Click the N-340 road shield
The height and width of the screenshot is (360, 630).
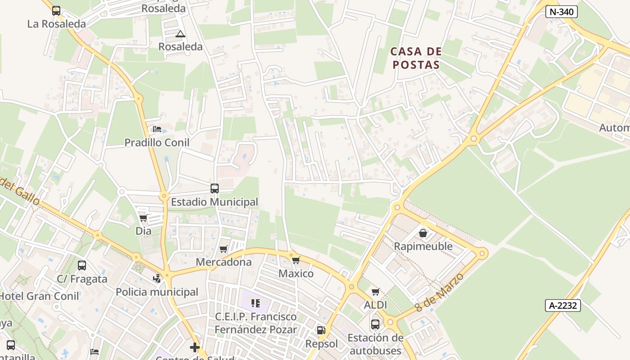[x=561, y=12]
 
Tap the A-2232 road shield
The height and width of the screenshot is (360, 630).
[x=562, y=306]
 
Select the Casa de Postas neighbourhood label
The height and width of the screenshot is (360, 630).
[x=416, y=58]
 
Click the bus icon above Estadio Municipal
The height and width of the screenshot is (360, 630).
[x=215, y=189]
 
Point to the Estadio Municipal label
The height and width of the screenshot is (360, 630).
[x=215, y=202]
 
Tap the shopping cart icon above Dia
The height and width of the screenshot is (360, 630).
[x=143, y=218]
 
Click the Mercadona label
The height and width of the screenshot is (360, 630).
[x=224, y=262]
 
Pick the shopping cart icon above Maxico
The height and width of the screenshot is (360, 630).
[x=296, y=260]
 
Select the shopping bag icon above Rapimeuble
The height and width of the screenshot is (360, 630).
[x=423, y=233]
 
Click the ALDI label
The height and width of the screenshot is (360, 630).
[x=375, y=305]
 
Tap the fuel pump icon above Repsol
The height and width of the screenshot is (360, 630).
[x=321, y=330]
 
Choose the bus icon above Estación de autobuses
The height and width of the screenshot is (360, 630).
[x=375, y=324]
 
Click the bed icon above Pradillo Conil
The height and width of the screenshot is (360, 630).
[x=157, y=129]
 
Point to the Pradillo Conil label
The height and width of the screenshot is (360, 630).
[x=157, y=143]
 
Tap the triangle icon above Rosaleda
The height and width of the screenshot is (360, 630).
[x=180, y=34]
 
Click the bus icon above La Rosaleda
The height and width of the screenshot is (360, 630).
[x=56, y=10]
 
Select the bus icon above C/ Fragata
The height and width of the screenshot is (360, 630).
[x=82, y=265]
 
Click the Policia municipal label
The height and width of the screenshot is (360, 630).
[x=157, y=292]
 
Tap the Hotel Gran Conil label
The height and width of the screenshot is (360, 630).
[x=40, y=296]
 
